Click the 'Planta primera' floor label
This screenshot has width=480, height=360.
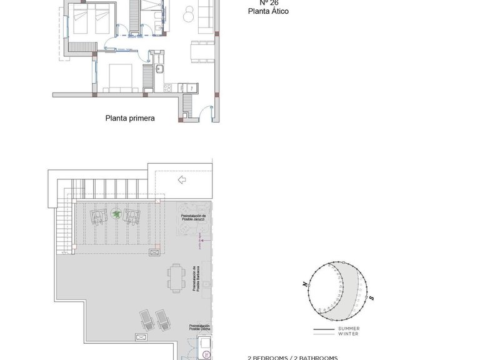[x=129, y=117]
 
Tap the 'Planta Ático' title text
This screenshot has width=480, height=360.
[x=269, y=11]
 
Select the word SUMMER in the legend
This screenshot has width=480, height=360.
[x=348, y=328]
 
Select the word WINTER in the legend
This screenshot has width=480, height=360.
[x=348, y=334]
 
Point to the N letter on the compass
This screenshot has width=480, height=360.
[x=304, y=284]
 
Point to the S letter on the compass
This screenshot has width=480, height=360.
[x=371, y=298]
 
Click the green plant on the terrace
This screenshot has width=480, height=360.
[x=116, y=214]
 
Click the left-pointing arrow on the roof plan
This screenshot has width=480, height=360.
[x=182, y=181]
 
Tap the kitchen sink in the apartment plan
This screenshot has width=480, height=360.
[x=160, y=68]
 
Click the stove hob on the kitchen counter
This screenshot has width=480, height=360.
[x=183, y=87]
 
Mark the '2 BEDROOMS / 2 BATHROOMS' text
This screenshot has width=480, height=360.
[x=292, y=357]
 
